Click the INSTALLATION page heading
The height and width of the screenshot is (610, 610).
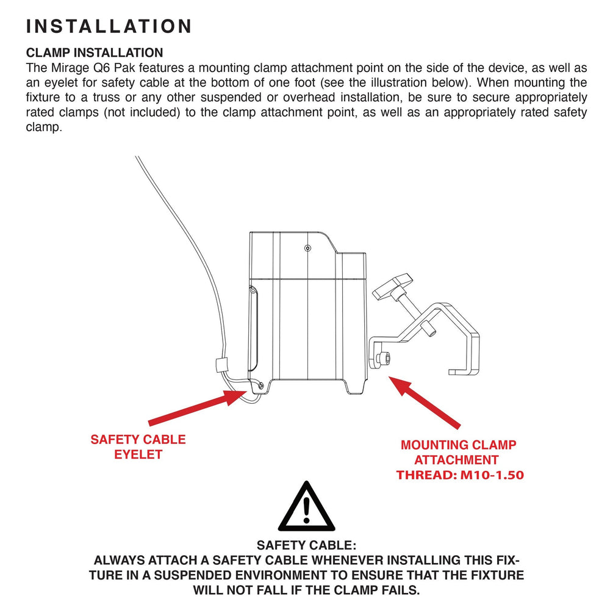[109, 26]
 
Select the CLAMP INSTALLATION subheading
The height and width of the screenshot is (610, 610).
[95, 52]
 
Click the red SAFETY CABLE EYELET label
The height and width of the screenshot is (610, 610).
[138, 447]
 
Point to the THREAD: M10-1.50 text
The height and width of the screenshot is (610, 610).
[460, 475]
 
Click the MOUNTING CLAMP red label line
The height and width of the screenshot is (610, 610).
[458, 445]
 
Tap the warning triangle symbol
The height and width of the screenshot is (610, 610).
[307, 506]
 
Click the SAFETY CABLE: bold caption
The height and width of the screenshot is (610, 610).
[307, 545]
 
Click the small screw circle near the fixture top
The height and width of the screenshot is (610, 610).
[307, 248]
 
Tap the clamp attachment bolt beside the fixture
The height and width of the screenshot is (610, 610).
[384, 358]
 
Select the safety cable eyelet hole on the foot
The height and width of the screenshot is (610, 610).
[260, 386]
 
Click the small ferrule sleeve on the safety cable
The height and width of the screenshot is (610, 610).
[221, 365]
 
